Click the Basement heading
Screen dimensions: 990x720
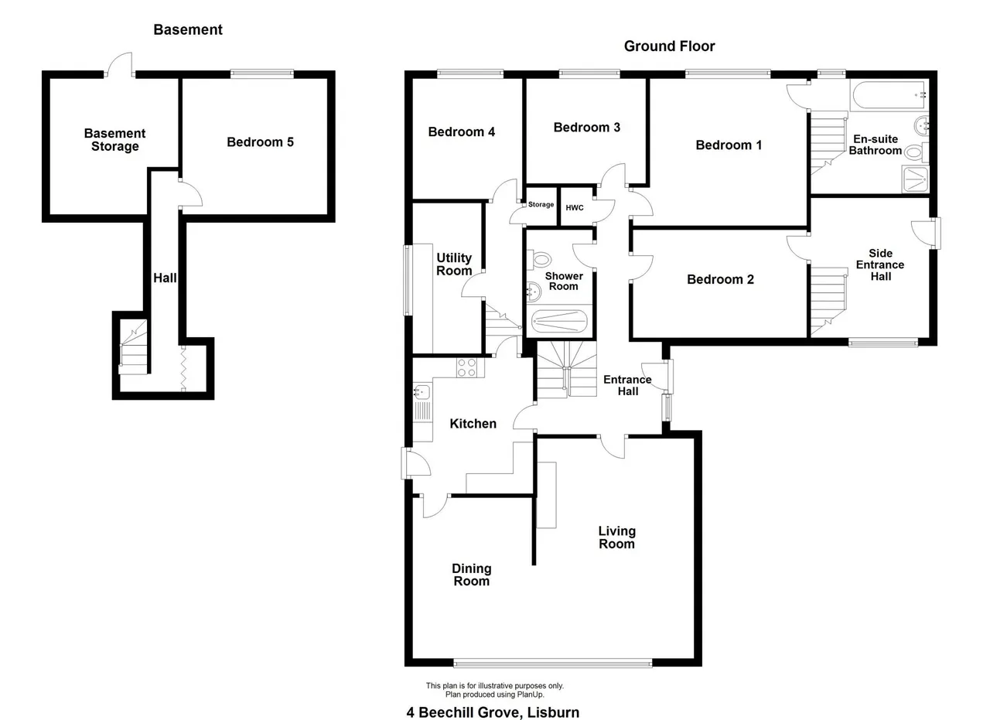point(188,29)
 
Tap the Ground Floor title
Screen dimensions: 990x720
point(669,46)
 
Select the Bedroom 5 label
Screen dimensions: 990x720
point(260,142)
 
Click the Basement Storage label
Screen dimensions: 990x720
point(115,140)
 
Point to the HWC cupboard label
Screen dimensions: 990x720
point(575,208)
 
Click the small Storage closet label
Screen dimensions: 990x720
point(541,205)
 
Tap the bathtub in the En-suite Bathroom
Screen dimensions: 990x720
point(889,95)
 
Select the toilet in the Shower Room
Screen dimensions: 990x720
point(539,260)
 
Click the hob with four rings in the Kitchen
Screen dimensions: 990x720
point(466,367)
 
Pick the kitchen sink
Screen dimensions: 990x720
point(422,391)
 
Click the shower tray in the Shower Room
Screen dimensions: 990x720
point(559,321)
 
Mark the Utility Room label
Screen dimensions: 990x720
point(454,264)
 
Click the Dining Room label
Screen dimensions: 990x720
point(472,575)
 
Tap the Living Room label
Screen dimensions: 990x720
point(617,537)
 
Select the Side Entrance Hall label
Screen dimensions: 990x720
point(880,264)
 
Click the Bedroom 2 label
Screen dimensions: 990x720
point(720,279)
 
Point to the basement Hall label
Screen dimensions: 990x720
point(165,278)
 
